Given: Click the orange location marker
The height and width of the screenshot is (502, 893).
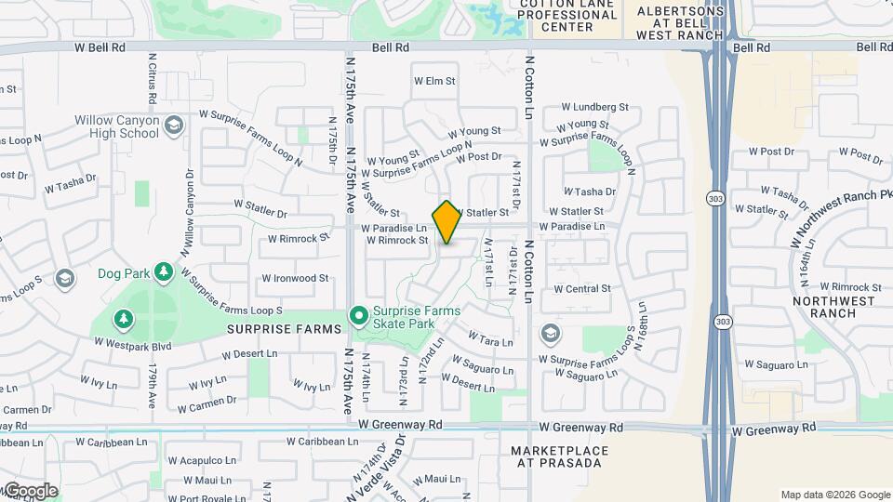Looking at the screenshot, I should [446, 221].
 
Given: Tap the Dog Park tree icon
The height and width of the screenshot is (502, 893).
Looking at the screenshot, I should [164, 271].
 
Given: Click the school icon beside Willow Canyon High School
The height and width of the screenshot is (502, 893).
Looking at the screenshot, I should [173, 125].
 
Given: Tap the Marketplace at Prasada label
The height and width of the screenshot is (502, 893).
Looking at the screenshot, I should [559, 456].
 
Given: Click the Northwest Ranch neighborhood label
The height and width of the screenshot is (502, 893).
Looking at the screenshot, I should [833, 307].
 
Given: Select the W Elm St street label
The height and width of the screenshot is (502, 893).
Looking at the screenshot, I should [434, 82].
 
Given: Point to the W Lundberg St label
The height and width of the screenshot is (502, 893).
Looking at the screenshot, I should [595, 108].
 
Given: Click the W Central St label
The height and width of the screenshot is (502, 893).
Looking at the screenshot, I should [582, 289].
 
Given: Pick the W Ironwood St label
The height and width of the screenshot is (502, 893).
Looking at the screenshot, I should [295, 278].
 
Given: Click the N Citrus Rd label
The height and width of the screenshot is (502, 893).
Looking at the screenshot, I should [152, 79].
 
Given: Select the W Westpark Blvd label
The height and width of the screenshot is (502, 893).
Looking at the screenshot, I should [133, 343].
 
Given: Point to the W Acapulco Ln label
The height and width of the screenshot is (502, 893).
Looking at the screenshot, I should [204, 460].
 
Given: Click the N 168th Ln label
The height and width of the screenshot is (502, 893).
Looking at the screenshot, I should [642, 324].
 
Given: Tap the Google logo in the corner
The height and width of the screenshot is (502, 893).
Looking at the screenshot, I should [30, 491].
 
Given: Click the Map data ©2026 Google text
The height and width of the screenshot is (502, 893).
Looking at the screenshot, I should [834, 495].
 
